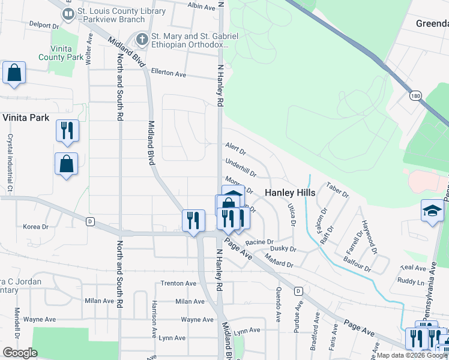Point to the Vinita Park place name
point(25,118)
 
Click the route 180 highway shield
point(415,95)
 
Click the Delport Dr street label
point(44,26)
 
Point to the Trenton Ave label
point(178,283)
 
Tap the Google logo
point(20,352)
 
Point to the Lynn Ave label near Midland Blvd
point(247,331)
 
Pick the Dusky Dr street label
point(283,248)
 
